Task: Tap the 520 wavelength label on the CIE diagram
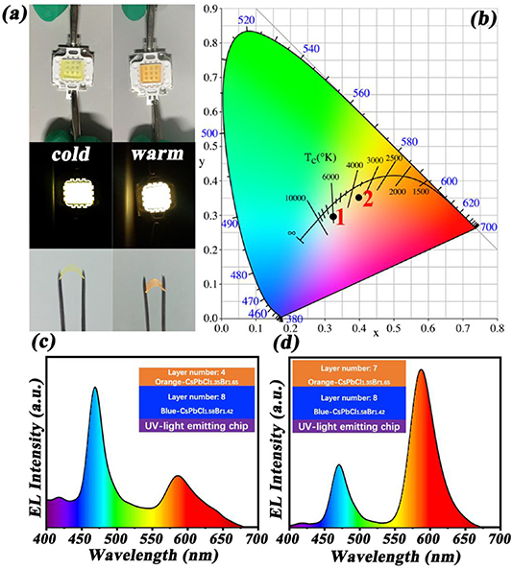[247, 20]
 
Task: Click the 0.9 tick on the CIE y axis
[211, 9]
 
